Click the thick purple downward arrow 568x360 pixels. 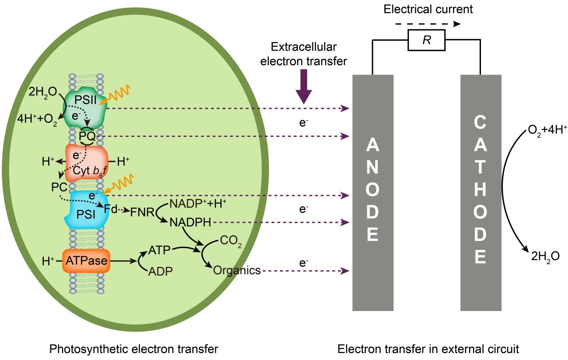click(x=303, y=89)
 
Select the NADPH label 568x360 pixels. click(x=190, y=223)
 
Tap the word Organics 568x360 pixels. click(x=237, y=271)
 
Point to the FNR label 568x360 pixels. click(x=141, y=213)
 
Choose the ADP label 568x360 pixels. click(x=160, y=271)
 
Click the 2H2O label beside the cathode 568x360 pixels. click(x=545, y=257)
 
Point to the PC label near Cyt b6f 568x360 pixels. click(x=59, y=187)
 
